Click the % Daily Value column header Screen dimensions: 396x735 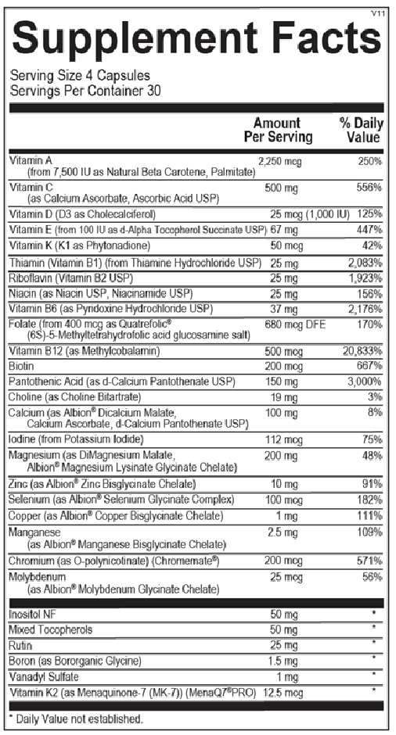[x=359, y=130]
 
